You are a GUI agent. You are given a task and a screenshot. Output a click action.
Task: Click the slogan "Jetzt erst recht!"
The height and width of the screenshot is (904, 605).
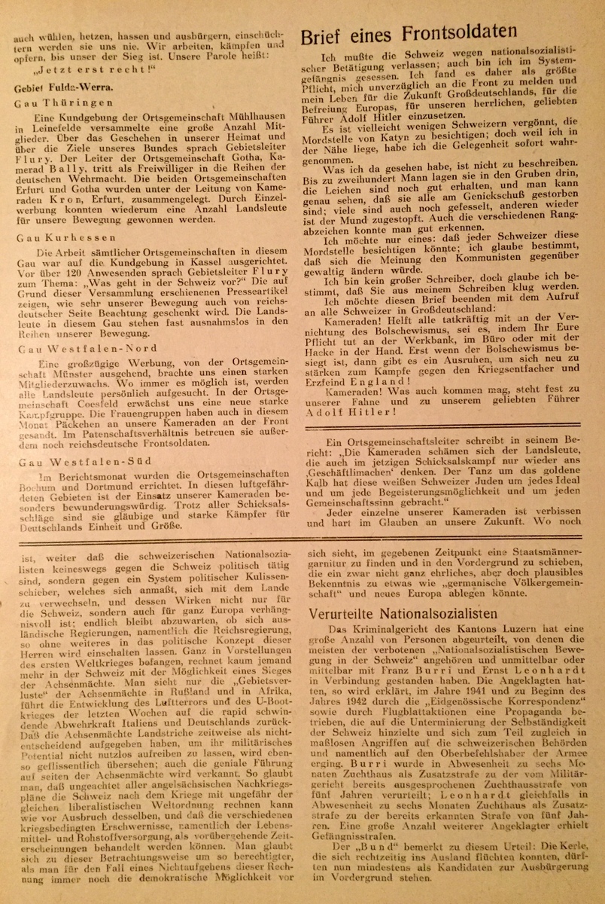[x=91, y=72]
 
